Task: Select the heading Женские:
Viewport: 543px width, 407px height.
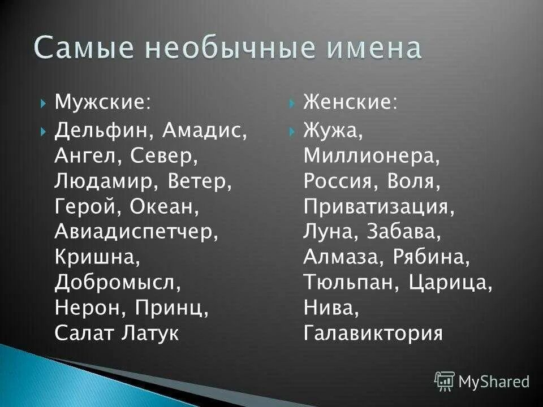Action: point(350,103)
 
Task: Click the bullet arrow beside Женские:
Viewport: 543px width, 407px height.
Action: point(292,103)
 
